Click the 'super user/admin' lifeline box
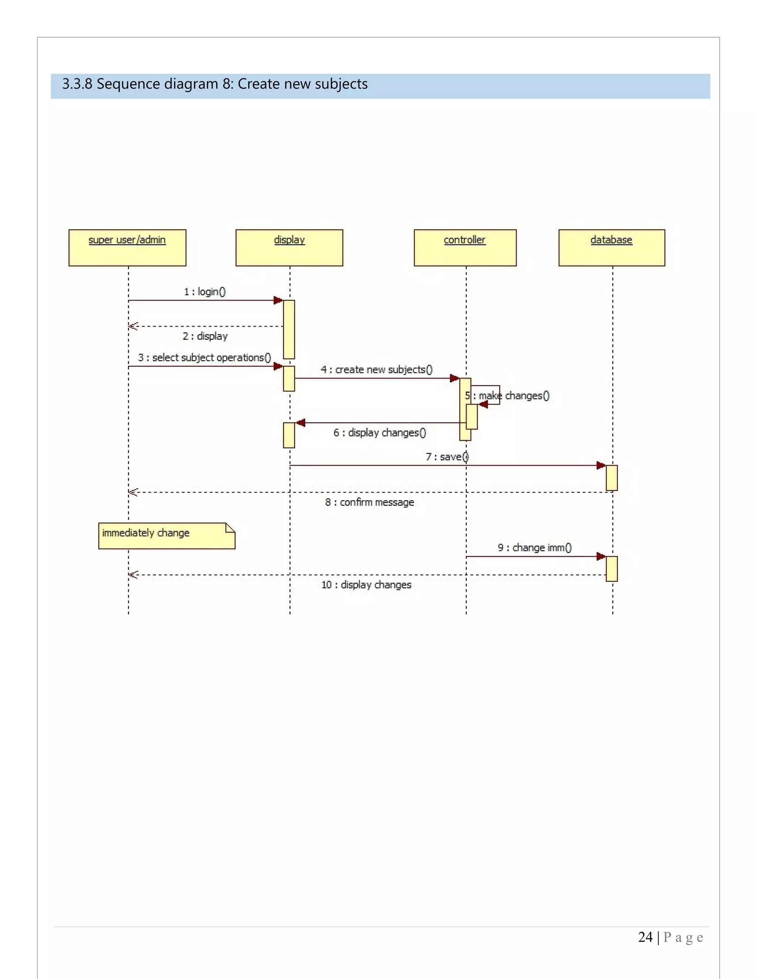[x=128, y=248]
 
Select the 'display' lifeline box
[x=289, y=248]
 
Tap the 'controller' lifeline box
[x=465, y=248]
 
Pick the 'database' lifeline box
[x=612, y=248]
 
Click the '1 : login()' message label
[x=205, y=292]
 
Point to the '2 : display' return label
[x=205, y=336]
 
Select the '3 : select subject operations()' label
[x=204, y=358]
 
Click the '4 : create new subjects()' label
[x=377, y=370]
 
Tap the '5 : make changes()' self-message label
[x=507, y=396]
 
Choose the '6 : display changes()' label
[x=379, y=433]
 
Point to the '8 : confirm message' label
[x=370, y=502]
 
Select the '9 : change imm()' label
[x=534, y=548]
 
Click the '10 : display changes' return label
[x=366, y=585]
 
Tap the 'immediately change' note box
[x=166, y=536]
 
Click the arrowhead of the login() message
[x=278, y=300]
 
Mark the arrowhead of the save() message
[x=601, y=466]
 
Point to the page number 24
[x=645, y=937]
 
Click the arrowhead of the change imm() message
[x=601, y=557]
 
